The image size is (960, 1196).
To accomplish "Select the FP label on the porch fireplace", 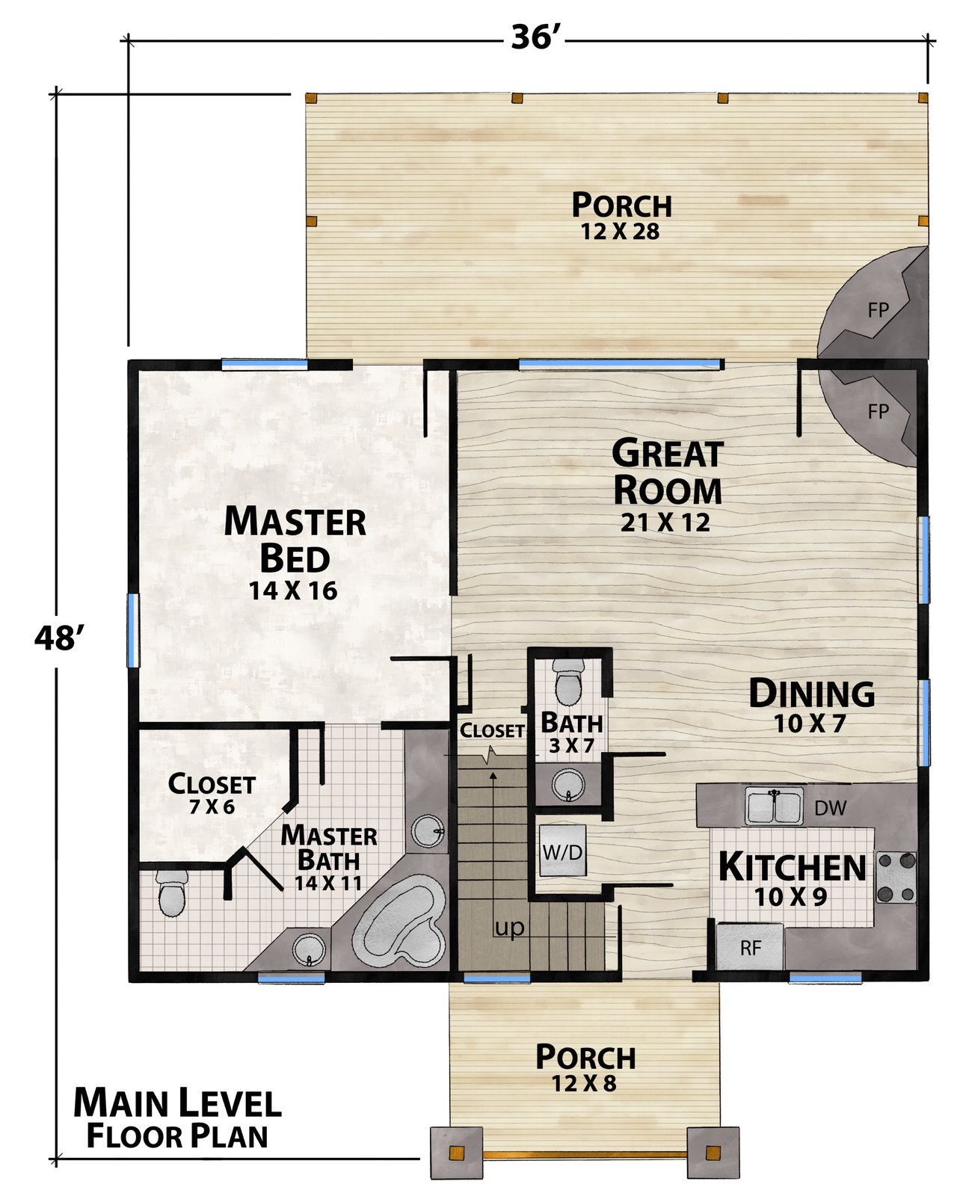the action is coord(878,310).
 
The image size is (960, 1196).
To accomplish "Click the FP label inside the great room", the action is coord(878,412).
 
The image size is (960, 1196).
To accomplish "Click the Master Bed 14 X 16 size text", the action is coord(293,591).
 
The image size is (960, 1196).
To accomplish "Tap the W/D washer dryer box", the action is coord(562,851).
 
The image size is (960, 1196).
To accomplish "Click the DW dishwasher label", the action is coord(831,808).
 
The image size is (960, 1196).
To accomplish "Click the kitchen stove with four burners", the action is coord(896,878).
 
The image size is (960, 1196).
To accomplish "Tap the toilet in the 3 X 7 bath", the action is coord(568,682).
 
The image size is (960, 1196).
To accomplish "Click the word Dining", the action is coord(811,693).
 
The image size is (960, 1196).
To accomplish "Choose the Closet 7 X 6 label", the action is coord(212,793).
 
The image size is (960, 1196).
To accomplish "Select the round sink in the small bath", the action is coord(568,784).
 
